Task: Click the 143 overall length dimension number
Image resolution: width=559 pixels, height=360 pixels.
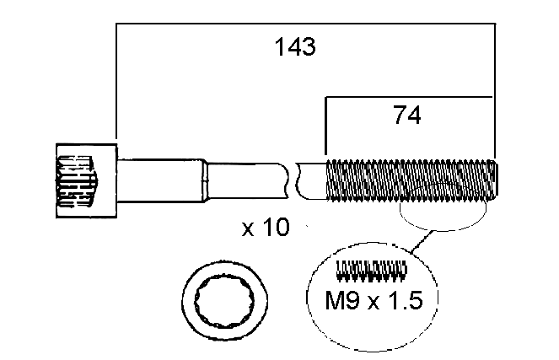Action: [x=295, y=47]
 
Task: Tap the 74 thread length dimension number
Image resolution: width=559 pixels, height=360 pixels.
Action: [x=406, y=116]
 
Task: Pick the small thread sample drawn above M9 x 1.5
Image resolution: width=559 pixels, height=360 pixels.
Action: [x=372, y=270]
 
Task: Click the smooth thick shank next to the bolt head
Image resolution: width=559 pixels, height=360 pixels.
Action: [x=160, y=179]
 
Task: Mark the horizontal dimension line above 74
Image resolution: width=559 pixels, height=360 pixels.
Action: [x=409, y=97]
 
